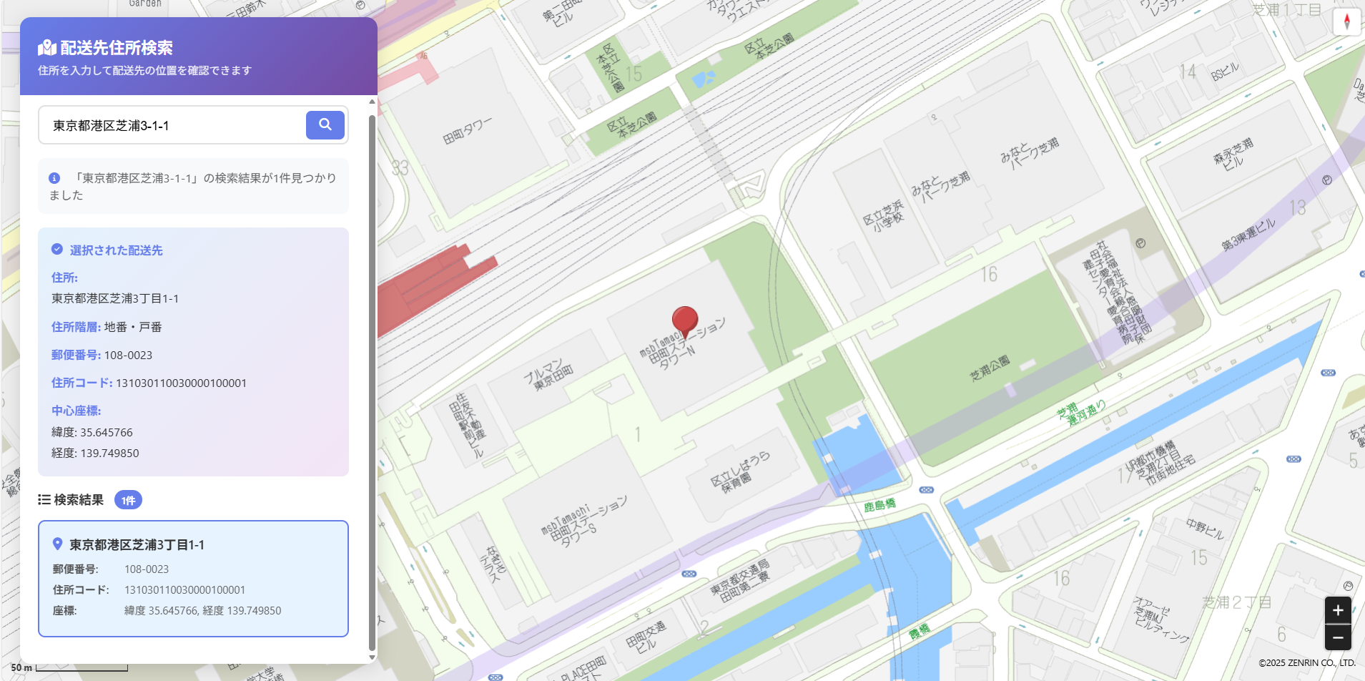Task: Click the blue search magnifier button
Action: coord(325,125)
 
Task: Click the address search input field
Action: coord(172,126)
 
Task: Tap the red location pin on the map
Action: coord(685,320)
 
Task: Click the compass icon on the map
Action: coord(1346,21)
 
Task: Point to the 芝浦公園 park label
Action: coord(990,368)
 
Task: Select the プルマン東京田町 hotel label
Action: coord(548,375)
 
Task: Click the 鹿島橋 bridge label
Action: coord(879,505)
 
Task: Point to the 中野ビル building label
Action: coord(1205,529)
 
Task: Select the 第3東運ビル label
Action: coord(1248,234)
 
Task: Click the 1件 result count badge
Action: coord(128,500)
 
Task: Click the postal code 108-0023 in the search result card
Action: coord(147,569)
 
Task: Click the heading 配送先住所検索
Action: coord(117,48)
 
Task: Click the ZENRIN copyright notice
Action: coord(1306,663)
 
